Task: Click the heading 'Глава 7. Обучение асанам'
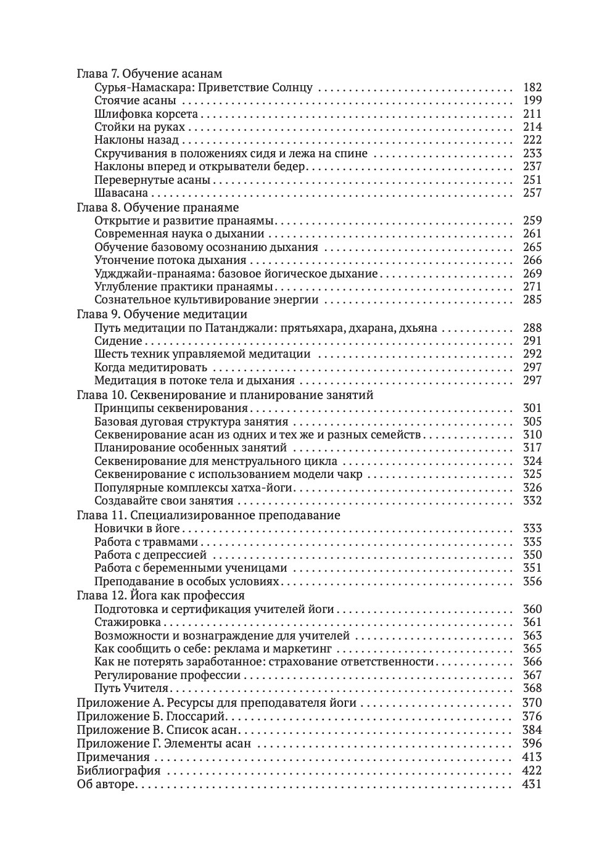point(149,73)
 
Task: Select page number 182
point(532,88)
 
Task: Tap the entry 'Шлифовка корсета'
point(146,114)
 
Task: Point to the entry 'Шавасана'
point(121,193)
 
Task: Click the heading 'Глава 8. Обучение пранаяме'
point(157,207)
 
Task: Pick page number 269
point(532,273)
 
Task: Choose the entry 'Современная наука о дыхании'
point(179,234)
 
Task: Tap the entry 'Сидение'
point(118,340)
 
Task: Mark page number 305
point(532,421)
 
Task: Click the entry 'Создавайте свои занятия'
point(164,501)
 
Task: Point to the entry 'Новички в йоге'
point(137,529)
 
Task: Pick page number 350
point(532,555)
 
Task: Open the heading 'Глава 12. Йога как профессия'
point(160,596)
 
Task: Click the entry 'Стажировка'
point(128,622)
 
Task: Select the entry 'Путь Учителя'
point(131,688)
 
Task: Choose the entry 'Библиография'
point(118,770)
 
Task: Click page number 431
point(532,784)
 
